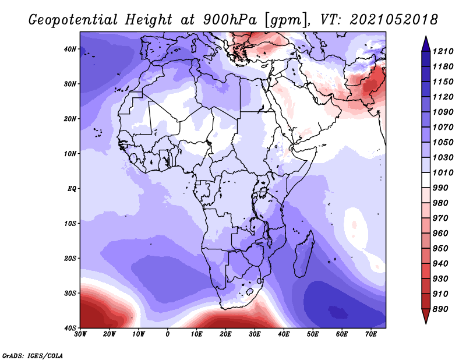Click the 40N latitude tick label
(x=70, y=49)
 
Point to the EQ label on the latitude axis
(x=72, y=189)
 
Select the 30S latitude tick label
(x=70, y=294)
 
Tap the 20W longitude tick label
(x=109, y=334)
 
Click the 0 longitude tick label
(x=168, y=334)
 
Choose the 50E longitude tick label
(x=313, y=334)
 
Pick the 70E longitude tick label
(x=370, y=334)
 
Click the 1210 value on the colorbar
(x=443, y=51)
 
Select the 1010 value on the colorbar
(x=443, y=172)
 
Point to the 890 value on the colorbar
(x=440, y=309)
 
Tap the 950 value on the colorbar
(x=440, y=249)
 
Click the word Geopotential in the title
(x=73, y=20)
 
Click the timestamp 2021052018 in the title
(x=394, y=20)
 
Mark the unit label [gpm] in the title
(x=286, y=20)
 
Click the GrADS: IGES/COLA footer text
(x=33, y=355)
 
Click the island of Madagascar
(x=304, y=253)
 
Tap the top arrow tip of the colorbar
(x=426, y=37)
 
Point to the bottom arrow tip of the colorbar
(x=426, y=323)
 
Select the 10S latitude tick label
(x=70, y=224)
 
